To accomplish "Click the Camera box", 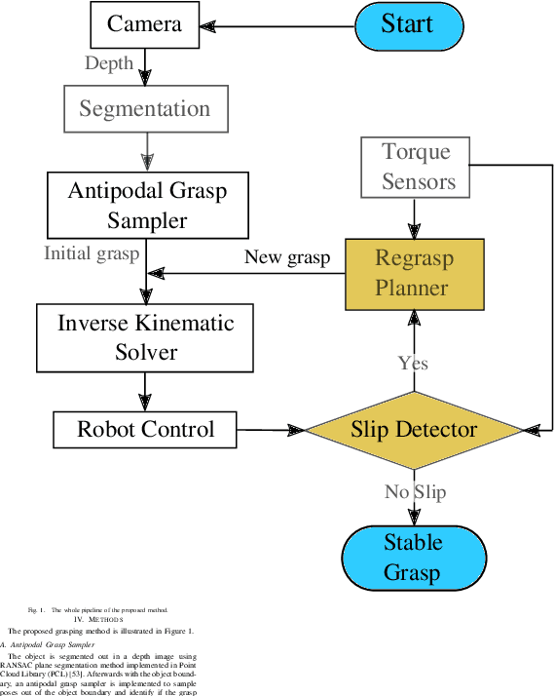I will click(144, 24).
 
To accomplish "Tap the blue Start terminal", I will click(407, 25).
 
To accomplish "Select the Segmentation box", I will click(145, 109).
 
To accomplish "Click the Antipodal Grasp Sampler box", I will click(147, 205).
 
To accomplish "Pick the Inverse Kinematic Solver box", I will click(146, 336).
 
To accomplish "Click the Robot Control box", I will click(145, 429).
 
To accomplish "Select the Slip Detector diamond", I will click(414, 430).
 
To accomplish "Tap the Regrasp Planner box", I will click(415, 273).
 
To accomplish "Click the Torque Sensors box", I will click(417, 167).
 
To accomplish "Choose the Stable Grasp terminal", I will click(413, 557).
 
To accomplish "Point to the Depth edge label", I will click(109, 63).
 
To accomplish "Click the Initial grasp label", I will click(92, 253).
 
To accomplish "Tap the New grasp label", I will click(287, 257).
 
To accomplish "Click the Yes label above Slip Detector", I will click(413, 363).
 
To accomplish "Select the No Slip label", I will click(415, 491).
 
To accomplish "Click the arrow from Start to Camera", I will click(277, 25).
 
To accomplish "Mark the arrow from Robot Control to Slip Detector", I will click(271, 430).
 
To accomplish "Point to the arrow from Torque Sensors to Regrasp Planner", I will click(415, 216).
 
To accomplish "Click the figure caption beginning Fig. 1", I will click(97, 608).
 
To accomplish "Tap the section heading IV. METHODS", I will click(98, 619).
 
